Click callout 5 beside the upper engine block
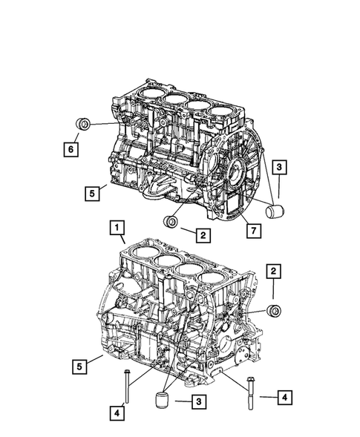(x=91, y=194)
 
